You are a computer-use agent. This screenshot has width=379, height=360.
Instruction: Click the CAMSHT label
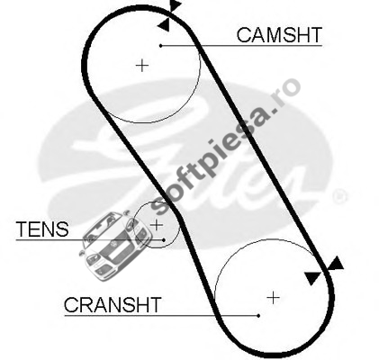click(279, 35)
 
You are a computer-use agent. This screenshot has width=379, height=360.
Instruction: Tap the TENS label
click(42, 229)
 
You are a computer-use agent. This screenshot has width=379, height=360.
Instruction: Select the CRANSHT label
click(113, 305)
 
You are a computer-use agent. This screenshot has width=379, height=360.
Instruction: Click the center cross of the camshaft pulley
click(142, 66)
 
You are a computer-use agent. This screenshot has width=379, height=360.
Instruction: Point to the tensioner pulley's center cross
click(156, 225)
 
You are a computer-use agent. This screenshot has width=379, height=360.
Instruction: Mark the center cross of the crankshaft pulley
click(273, 298)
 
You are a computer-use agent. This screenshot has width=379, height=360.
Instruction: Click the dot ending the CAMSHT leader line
click(161, 46)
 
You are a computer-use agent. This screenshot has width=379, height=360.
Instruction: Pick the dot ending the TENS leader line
click(164, 240)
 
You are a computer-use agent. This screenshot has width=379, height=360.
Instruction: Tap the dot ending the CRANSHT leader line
click(258, 316)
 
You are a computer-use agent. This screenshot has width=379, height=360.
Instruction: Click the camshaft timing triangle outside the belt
click(175, 4)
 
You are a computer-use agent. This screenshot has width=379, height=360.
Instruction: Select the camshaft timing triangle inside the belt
click(164, 25)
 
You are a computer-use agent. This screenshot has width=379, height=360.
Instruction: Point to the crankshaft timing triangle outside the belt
click(336, 263)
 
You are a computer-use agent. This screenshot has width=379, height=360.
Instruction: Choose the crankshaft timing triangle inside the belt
click(312, 278)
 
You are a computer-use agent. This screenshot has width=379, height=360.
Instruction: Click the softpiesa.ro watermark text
click(225, 146)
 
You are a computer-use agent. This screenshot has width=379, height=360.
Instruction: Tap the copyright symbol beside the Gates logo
click(339, 196)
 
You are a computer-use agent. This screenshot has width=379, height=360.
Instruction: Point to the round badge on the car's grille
click(114, 245)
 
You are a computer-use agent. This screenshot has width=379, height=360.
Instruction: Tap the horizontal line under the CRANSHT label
click(161, 316)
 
